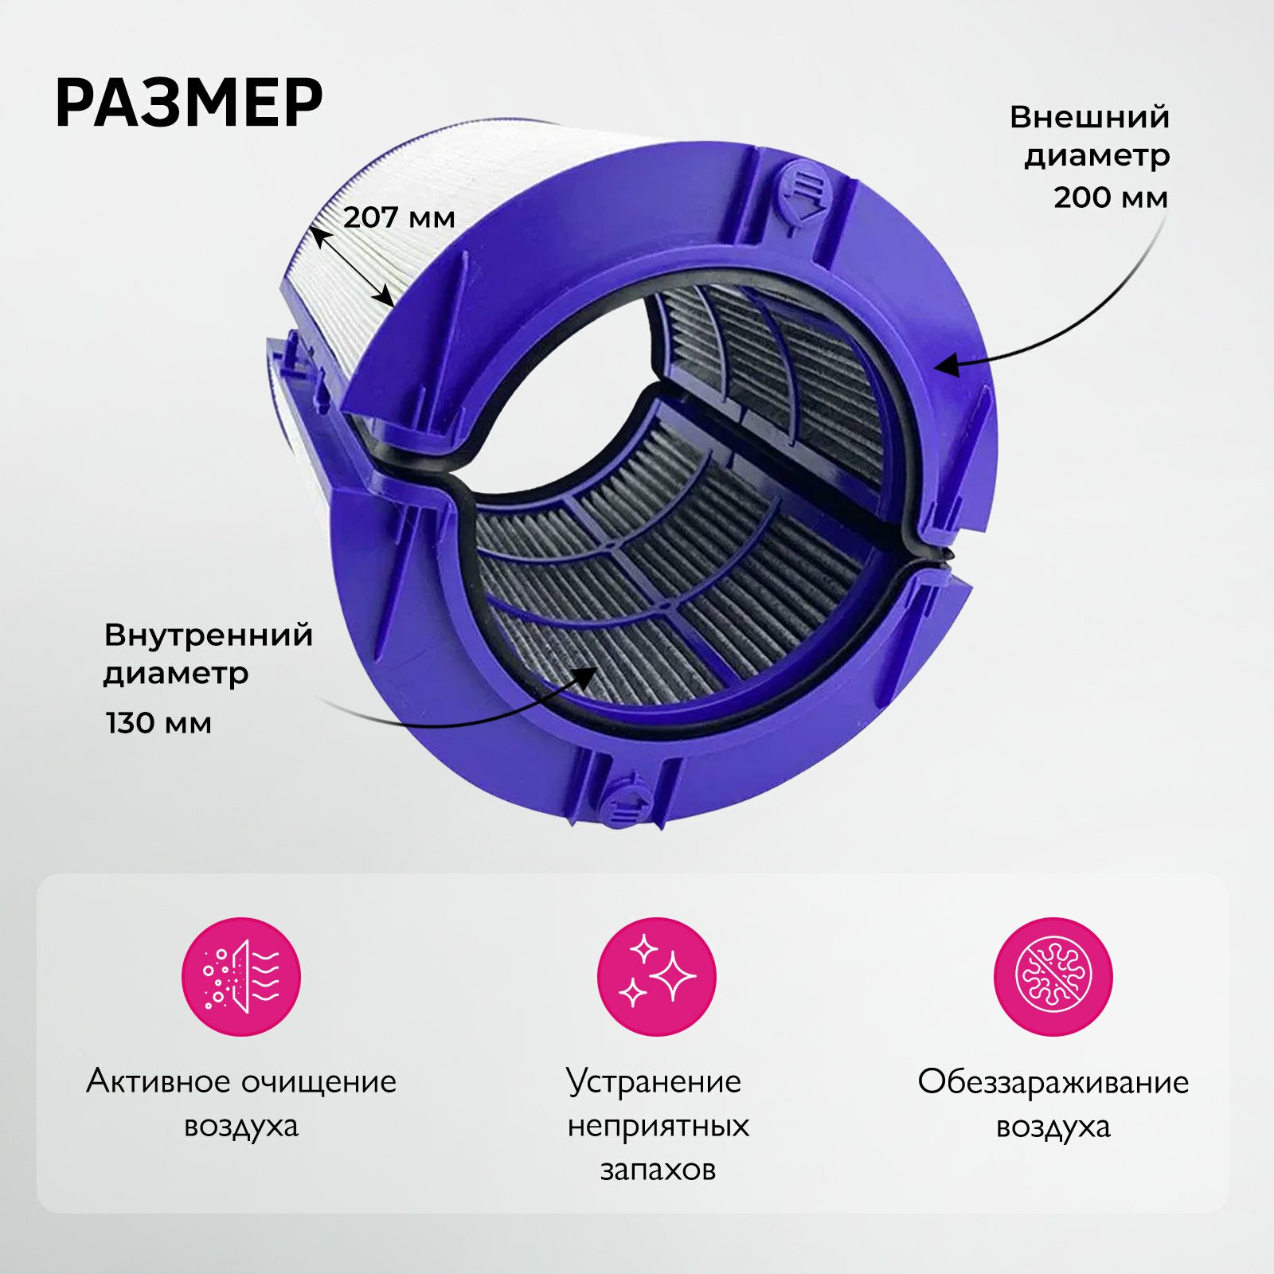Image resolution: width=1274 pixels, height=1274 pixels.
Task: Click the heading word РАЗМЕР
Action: point(189,104)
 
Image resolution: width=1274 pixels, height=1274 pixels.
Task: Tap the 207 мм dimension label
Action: point(399,217)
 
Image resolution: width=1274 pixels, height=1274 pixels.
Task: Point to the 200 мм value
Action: point(1111,197)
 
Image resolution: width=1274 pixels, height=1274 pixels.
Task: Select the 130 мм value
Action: point(158,723)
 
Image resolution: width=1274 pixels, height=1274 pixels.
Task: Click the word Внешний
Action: point(1089,118)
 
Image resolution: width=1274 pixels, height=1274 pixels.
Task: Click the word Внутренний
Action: point(209,635)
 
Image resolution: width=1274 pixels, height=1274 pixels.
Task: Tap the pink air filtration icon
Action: point(241,976)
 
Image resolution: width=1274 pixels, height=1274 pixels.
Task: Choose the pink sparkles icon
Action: point(656,976)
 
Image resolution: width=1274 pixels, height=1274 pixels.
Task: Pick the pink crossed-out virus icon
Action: point(1053,976)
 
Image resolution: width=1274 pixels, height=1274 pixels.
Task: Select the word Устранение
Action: point(654,1081)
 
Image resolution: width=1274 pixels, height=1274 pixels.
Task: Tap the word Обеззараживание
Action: point(1053,1081)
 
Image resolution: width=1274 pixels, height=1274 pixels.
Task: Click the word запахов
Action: point(658,1169)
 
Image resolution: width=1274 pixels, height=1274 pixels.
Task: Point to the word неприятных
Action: point(658,1126)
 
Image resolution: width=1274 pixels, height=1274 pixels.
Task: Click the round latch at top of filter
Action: point(804,191)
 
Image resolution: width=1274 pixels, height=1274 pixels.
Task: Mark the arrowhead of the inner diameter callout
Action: point(587,676)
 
